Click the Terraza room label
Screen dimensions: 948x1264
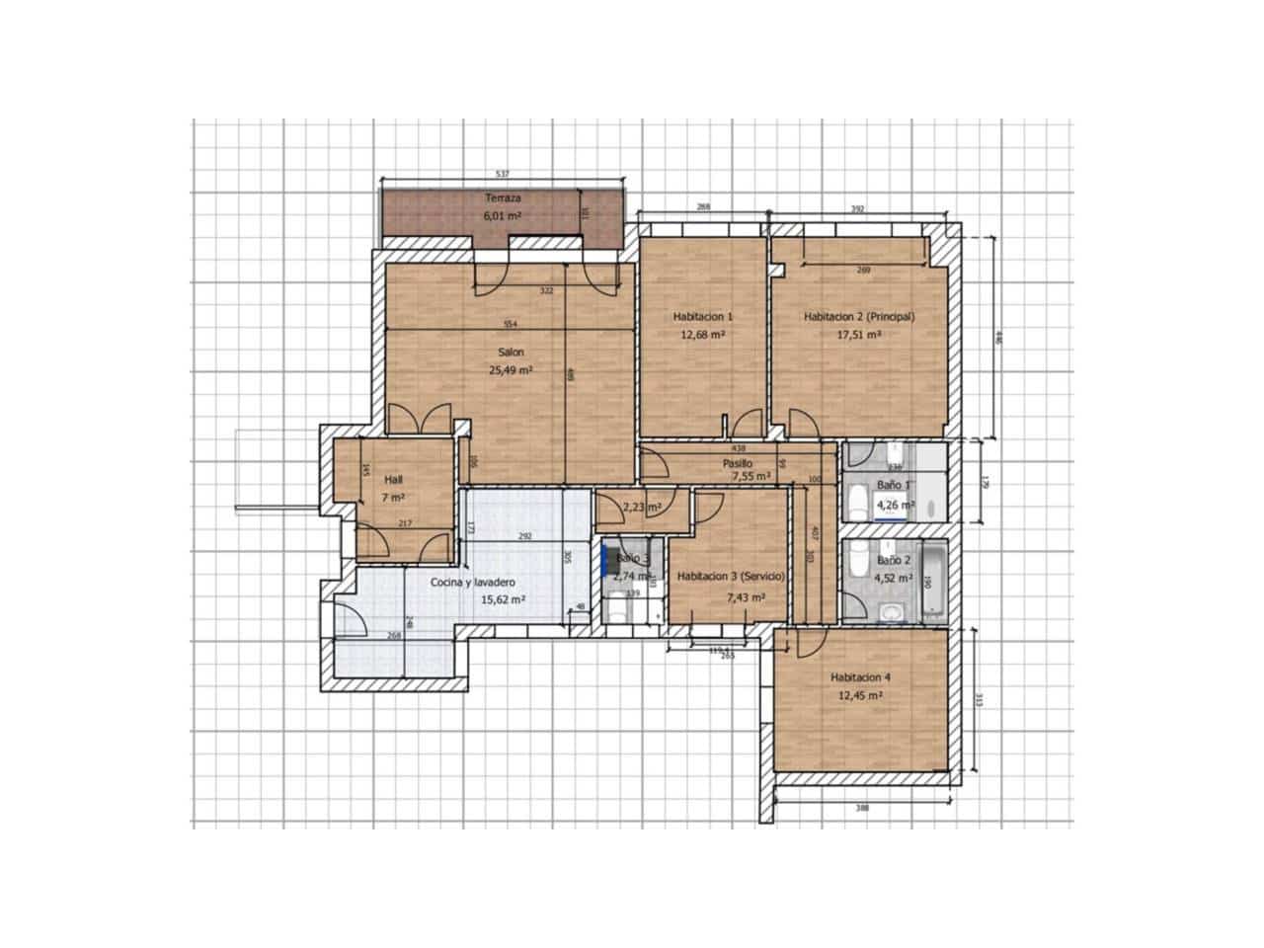[503, 197]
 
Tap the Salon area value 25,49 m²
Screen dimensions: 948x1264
[511, 370]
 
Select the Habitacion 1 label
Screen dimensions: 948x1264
[702, 317]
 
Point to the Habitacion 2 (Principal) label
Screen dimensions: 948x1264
[859, 317]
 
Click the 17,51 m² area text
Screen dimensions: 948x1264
[859, 335]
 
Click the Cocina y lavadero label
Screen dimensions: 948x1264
[472, 582]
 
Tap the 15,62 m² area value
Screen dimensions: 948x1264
[502, 599]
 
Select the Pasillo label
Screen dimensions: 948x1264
[737, 463]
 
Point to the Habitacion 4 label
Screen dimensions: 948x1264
[860, 677]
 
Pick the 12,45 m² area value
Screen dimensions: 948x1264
[859, 695]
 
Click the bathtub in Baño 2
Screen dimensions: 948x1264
[933, 581]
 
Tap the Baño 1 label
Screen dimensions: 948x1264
[894, 485]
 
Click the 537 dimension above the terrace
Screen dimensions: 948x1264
[502, 174]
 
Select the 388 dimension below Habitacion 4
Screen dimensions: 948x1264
[861, 808]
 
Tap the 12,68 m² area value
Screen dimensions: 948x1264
[702, 335]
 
